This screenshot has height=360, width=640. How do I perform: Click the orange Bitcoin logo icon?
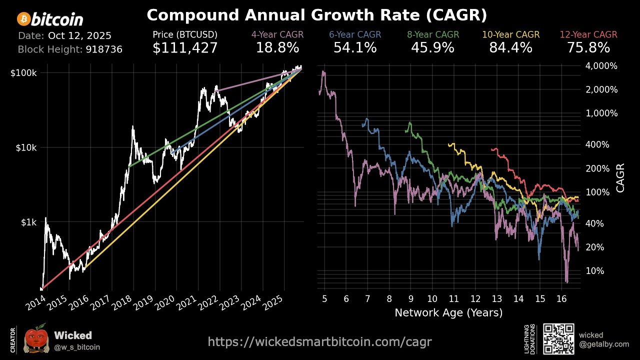[x=23, y=19]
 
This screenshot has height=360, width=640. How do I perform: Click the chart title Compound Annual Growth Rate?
[x=316, y=15]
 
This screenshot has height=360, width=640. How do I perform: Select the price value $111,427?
[x=185, y=48]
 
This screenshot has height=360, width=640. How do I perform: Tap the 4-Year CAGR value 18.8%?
[x=277, y=48]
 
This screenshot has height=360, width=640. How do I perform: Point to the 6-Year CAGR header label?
[x=355, y=35]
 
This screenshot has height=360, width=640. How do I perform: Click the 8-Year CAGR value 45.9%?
[x=432, y=48]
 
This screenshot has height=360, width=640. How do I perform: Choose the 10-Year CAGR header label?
[x=510, y=35]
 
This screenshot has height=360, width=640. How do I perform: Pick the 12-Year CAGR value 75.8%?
[x=588, y=48]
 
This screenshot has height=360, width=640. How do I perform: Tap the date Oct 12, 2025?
[x=79, y=36]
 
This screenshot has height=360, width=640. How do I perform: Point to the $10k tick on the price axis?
[x=26, y=147]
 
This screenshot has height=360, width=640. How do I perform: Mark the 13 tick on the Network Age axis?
[x=496, y=299]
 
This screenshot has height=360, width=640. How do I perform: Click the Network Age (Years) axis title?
[x=448, y=313]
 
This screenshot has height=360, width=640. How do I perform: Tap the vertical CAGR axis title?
[x=620, y=177]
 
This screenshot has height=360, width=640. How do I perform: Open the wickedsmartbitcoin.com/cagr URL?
[x=319, y=342]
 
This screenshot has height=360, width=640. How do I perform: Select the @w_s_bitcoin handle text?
[x=77, y=347]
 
